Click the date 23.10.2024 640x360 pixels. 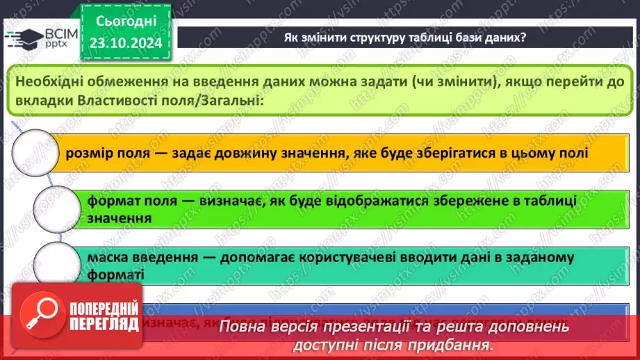tap(125, 42)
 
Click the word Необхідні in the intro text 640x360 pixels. tap(51, 81)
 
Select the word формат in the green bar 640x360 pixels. tap(111, 201)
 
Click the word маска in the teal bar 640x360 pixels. tap(108, 257)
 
